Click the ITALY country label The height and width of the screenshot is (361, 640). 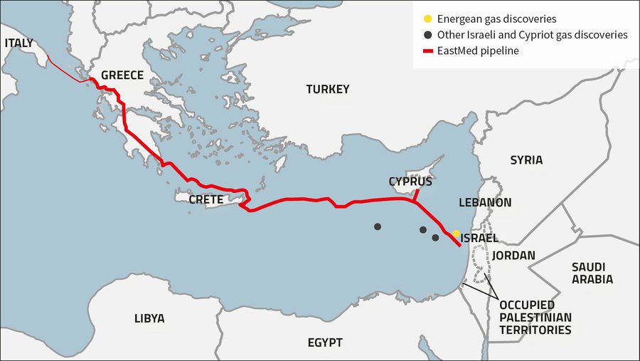tap(18, 43)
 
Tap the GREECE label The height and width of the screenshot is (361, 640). tap(122, 75)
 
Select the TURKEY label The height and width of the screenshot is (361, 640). tap(328, 90)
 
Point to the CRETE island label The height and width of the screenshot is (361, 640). tap(206, 200)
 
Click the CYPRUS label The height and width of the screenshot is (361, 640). tap(410, 182)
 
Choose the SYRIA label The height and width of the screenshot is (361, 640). tap(526, 160)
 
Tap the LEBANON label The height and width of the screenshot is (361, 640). tap(485, 203)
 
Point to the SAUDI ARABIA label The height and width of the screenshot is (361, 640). tap(592, 273)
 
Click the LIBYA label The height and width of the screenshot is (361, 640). tap(149, 318)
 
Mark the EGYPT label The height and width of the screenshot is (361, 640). tap(325, 342)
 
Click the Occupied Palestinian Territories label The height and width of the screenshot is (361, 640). tap(535, 318)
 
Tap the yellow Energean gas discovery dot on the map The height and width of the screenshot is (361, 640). tap(456, 233)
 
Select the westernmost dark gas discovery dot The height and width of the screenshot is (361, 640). tap(378, 226)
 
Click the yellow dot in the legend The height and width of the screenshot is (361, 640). tap(427, 19)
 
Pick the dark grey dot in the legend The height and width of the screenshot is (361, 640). tap(427, 35)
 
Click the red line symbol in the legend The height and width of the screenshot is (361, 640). tap(427, 51)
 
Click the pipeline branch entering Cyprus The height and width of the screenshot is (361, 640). tap(417, 194)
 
